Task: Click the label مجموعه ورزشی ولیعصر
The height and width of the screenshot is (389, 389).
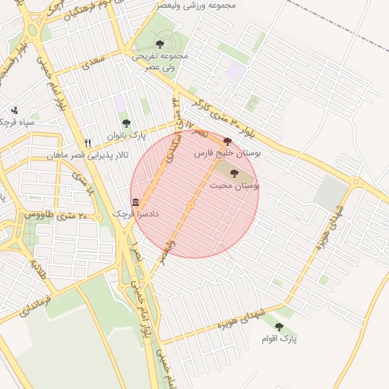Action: tap(197, 5)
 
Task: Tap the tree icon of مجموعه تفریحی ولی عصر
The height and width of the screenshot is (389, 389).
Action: tap(160, 43)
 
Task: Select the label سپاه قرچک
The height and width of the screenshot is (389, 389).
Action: tap(17, 122)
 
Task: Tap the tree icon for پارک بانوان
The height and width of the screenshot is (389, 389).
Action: tap(126, 122)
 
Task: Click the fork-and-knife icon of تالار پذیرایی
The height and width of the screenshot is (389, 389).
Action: tap(88, 142)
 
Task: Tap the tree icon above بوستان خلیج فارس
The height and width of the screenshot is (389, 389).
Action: tap(227, 141)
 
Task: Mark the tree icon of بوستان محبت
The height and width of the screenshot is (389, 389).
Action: tap(232, 174)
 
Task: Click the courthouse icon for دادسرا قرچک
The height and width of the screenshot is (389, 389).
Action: tap(135, 202)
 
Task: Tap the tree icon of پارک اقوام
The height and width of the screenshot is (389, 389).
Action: tap(279, 327)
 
